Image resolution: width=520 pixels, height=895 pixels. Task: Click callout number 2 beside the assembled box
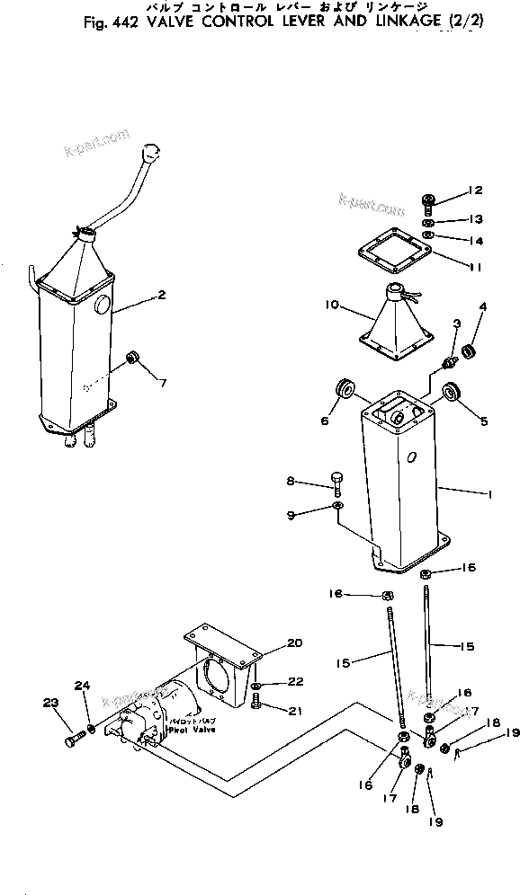(161, 294)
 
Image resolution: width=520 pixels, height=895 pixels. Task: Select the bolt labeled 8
(337, 482)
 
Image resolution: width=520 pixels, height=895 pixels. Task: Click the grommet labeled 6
(345, 390)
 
